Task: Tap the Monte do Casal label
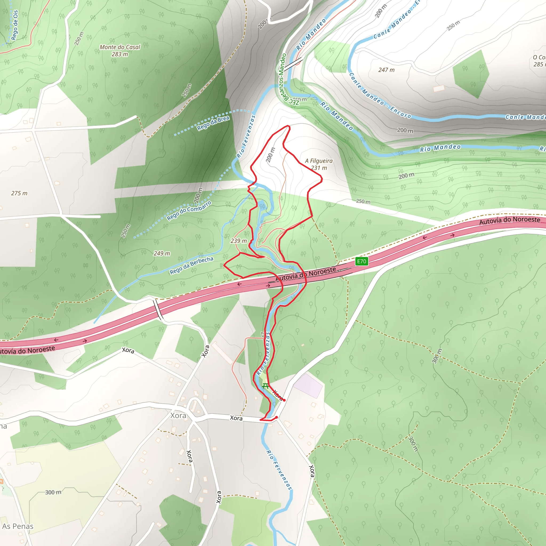point(120,47)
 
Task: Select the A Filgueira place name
point(319,161)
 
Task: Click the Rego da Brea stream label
point(213,123)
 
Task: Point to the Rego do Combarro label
point(189,211)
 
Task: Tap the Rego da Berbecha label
point(191,265)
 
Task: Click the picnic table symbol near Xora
point(265,386)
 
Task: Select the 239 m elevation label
point(239,241)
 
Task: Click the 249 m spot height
point(162,254)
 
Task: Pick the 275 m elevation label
point(19,193)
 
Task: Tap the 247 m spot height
point(386,70)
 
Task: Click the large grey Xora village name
point(178,415)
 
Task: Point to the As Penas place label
point(18,526)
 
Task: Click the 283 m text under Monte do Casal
point(120,54)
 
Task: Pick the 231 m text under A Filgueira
point(319,168)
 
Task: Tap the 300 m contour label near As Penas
point(53,492)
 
